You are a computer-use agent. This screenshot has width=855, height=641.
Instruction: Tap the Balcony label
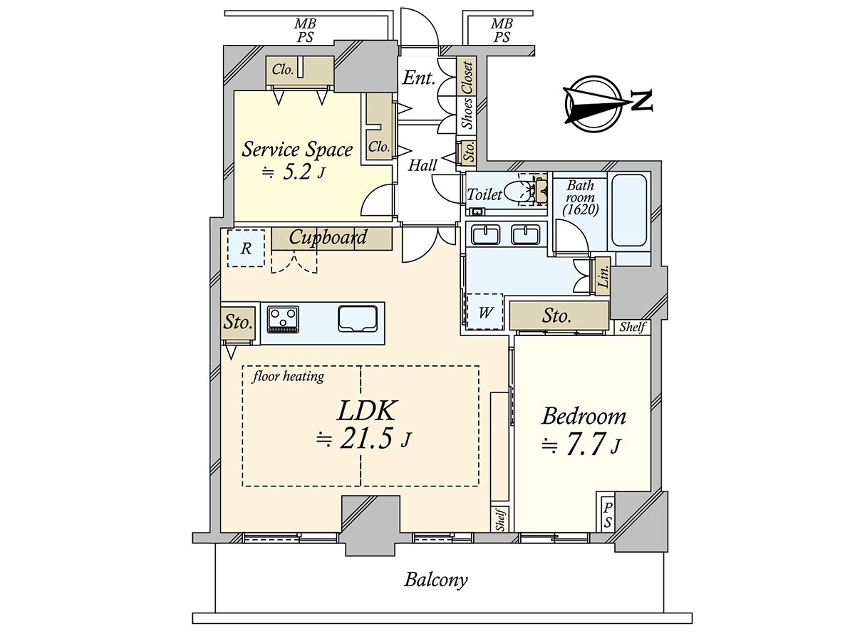pos(436,579)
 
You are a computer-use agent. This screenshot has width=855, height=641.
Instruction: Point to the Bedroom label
pos(584,416)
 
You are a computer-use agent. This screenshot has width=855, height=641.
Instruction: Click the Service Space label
pos(297,150)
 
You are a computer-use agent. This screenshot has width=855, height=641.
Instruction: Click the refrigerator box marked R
pos(246,248)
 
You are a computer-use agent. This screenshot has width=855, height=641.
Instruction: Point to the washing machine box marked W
pos(484,312)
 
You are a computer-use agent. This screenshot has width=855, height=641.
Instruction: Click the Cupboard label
pos(328,237)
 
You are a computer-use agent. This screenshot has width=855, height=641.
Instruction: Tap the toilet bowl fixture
pos(518,191)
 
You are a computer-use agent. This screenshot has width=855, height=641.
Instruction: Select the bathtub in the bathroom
pos(629,210)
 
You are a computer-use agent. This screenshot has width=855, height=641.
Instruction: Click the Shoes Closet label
pos(467,95)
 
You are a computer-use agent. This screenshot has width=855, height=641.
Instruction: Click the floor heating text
pos(288,376)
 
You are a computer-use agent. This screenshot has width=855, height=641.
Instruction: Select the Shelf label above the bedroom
pos(632,328)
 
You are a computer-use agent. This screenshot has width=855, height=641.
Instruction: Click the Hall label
pos(423,166)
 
